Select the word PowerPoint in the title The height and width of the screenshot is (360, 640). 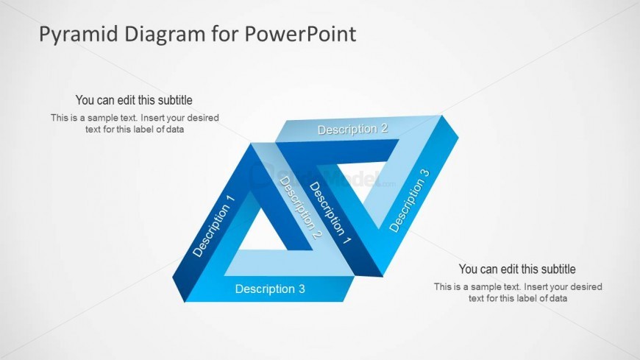pyautogui.click(x=300, y=34)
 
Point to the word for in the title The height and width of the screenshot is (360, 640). pyautogui.click(x=225, y=34)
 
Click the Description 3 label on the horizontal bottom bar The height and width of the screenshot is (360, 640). pyautogui.click(x=270, y=289)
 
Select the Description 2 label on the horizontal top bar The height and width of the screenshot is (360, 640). pyautogui.click(x=352, y=129)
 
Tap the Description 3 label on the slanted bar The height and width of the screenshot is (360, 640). pyautogui.click(x=410, y=201)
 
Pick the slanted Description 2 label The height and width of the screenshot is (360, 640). pyautogui.click(x=300, y=207)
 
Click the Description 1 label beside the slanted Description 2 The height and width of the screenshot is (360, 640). pyautogui.click(x=330, y=213)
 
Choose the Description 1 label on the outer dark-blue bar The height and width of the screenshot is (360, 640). pyautogui.click(x=213, y=226)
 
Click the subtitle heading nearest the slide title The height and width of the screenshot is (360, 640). pyautogui.click(x=134, y=100)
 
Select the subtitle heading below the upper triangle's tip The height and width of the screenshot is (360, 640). pyautogui.click(x=517, y=269)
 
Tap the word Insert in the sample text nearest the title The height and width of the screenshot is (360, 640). pyautogui.click(x=152, y=118)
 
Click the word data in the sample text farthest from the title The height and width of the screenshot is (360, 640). pyautogui.click(x=557, y=298)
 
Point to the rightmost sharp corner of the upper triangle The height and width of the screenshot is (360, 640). pyautogui.click(x=458, y=137)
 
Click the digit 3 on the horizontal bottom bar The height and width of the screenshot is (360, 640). pyautogui.click(x=302, y=289)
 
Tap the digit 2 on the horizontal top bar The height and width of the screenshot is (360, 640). pyautogui.click(x=385, y=128)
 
